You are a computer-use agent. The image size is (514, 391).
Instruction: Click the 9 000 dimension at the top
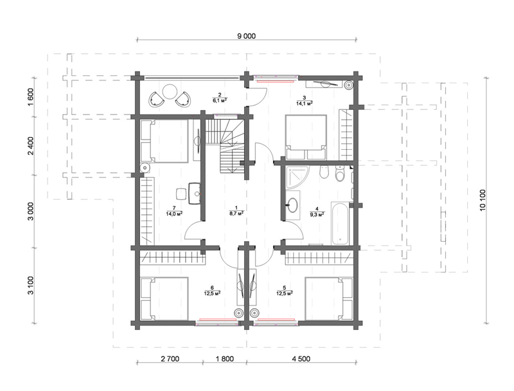(246, 36)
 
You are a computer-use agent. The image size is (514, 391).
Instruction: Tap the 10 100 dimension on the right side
(483, 200)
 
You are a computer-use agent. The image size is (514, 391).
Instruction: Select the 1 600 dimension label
(30, 97)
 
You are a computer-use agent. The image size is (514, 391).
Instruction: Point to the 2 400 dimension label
(30, 145)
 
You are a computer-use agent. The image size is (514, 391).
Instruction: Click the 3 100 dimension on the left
(30, 286)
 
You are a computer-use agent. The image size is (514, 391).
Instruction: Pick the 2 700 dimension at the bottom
(170, 359)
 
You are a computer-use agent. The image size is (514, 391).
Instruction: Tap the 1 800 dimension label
(224, 359)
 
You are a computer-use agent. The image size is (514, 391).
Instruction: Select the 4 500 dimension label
(301, 359)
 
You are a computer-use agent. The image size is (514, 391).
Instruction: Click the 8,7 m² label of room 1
(236, 214)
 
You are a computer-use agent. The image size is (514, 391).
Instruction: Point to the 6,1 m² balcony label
(220, 100)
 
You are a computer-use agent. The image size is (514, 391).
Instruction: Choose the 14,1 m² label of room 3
(304, 103)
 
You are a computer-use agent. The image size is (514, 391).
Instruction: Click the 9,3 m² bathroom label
(317, 215)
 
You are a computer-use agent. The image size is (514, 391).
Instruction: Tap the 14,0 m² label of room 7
(174, 214)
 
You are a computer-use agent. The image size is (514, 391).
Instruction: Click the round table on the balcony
(170, 91)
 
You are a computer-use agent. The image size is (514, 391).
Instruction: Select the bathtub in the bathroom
(340, 224)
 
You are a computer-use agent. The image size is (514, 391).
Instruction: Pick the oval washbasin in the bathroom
(293, 205)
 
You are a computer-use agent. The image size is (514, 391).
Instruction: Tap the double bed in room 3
(306, 137)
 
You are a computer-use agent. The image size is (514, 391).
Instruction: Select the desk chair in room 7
(181, 194)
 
